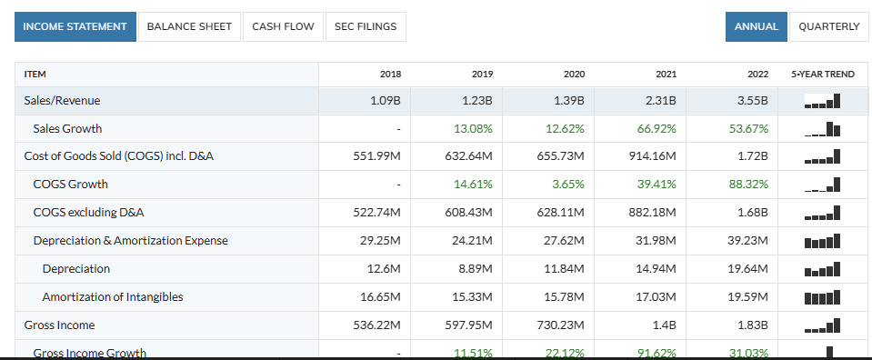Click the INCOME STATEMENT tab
[x=75, y=26]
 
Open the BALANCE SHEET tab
[x=189, y=26]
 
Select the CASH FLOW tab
[x=283, y=26]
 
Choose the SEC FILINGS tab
[x=366, y=26]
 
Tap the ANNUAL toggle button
[x=756, y=26]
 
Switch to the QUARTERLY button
[x=828, y=26]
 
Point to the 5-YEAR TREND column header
[x=823, y=74]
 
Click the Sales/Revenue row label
[x=62, y=100]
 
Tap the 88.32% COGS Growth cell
[x=748, y=185]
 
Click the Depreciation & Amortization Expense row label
[x=130, y=241]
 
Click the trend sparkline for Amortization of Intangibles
[x=823, y=297]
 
